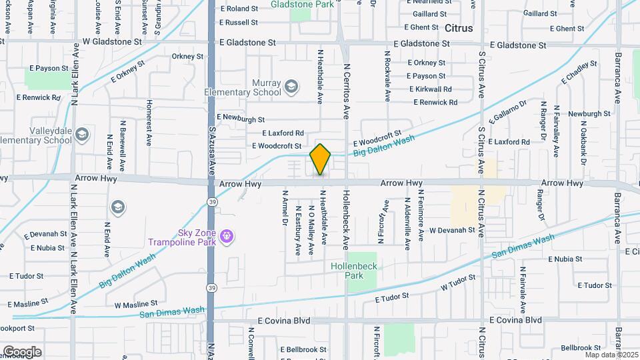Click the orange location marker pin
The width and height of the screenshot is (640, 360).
pyautogui.click(x=321, y=159)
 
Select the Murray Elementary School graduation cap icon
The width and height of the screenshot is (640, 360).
pyautogui.click(x=291, y=86)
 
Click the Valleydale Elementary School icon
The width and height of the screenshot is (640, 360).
pyautogui.click(x=81, y=135)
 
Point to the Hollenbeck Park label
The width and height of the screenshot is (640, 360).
pyautogui.click(x=355, y=270)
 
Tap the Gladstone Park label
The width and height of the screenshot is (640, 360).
pyautogui.click(x=302, y=4)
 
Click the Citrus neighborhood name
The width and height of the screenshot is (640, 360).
pyautogui.click(x=458, y=29)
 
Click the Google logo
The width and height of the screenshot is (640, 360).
pyautogui.click(x=22, y=351)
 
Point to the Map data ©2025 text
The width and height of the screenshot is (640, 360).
pyautogui.click(x=611, y=354)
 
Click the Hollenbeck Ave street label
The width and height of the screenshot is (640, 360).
pyautogui.click(x=346, y=220)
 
